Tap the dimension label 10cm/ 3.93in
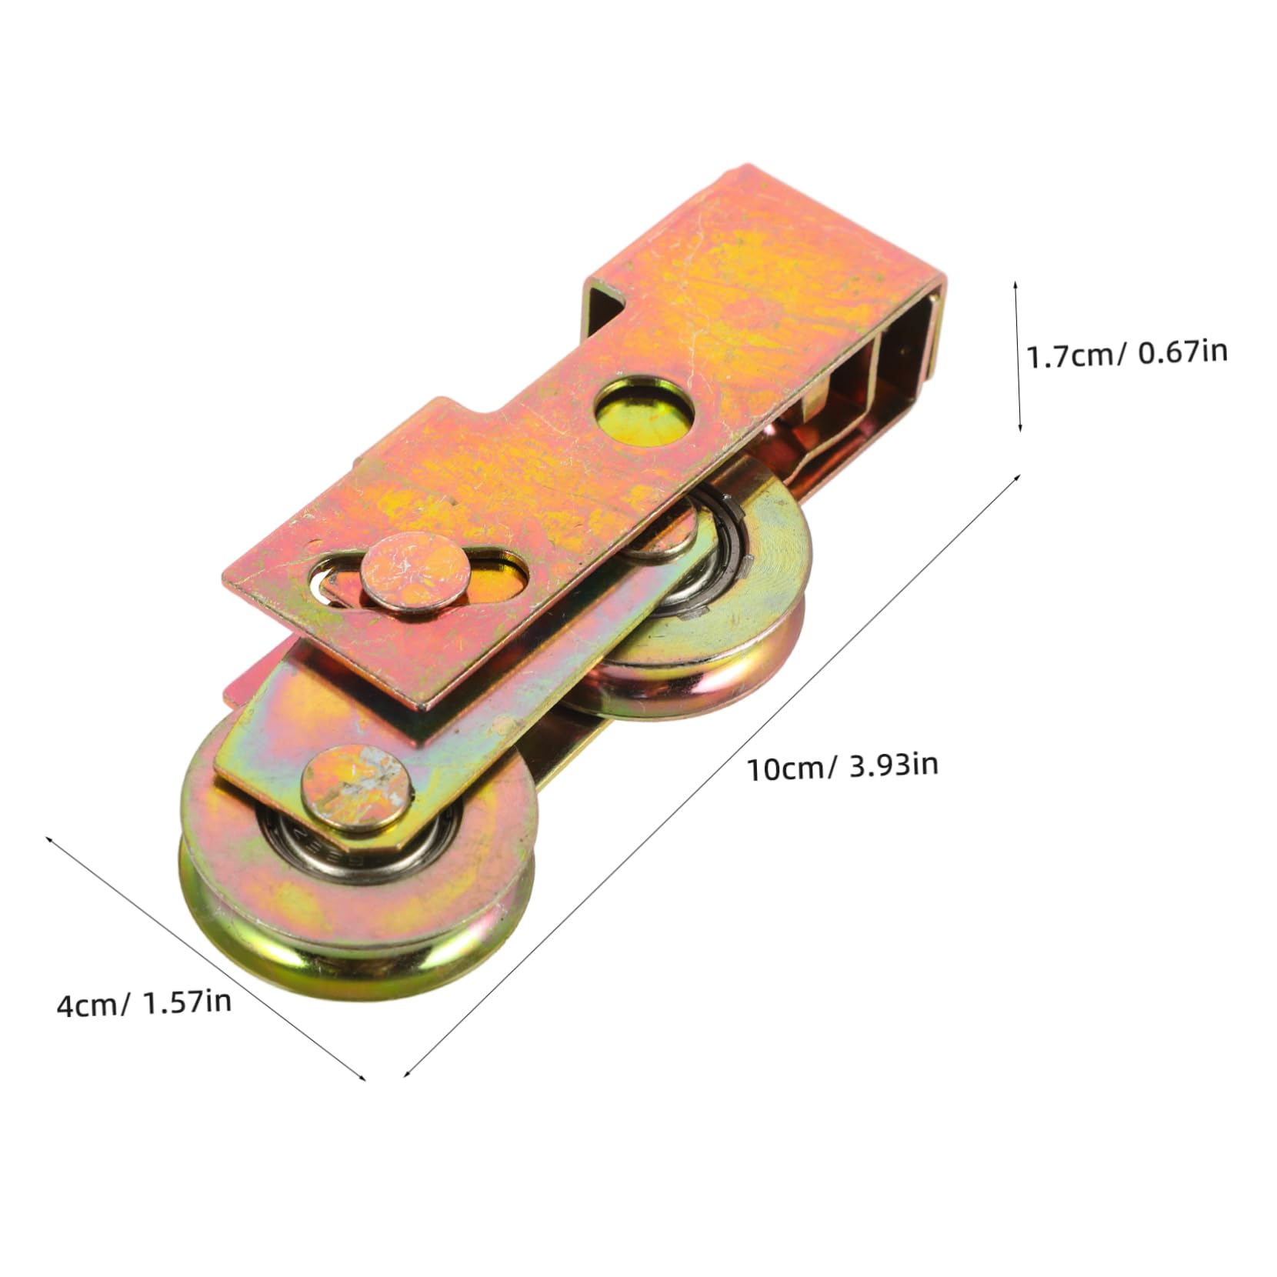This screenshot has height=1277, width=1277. (842, 766)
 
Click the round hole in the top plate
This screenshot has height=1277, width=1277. (645, 415)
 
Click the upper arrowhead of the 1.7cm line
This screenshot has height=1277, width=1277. (1016, 285)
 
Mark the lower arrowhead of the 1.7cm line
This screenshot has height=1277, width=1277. (1019, 426)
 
